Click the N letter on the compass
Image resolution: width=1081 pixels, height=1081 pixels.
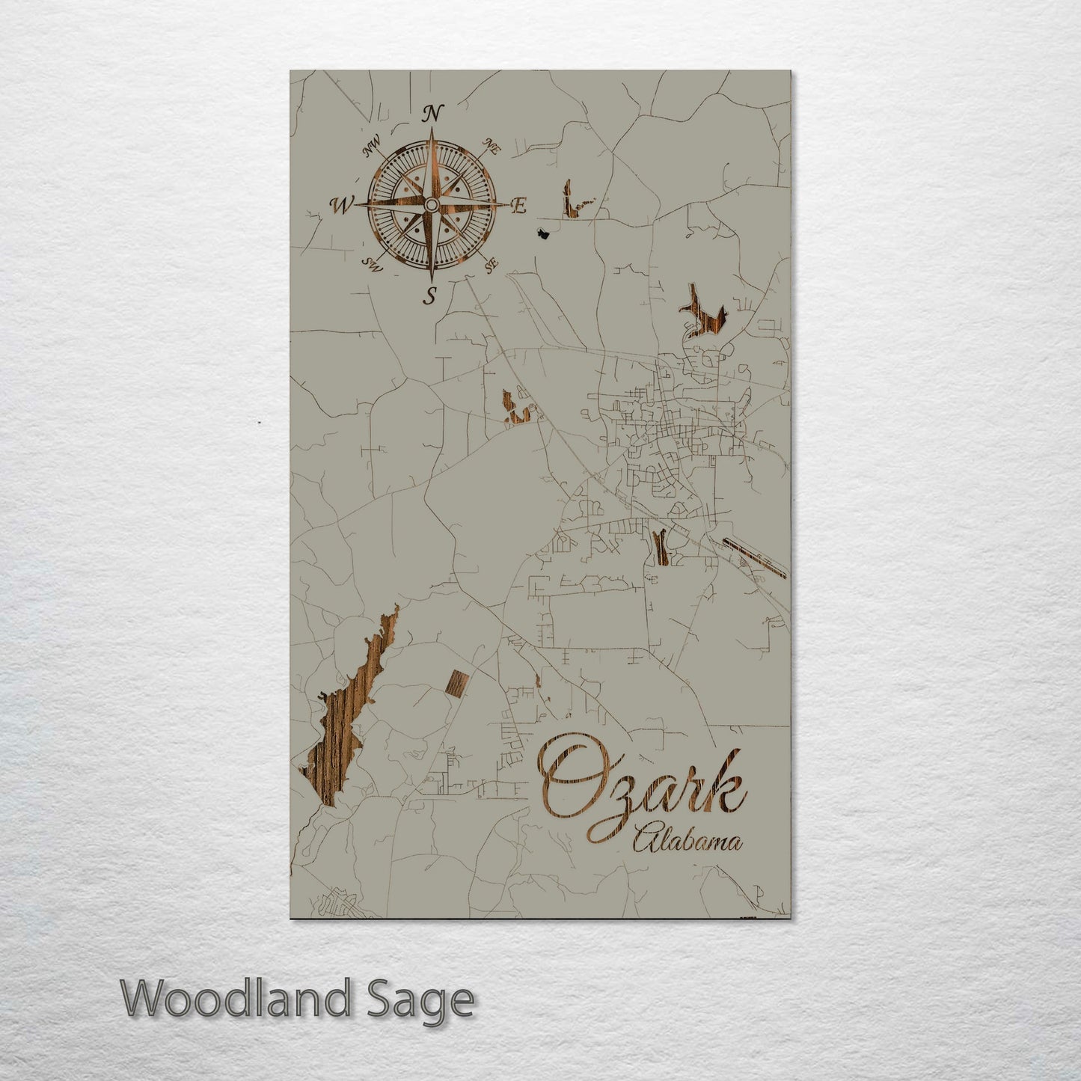pyautogui.click(x=432, y=114)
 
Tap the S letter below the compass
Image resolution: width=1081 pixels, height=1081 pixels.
pyautogui.click(x=430, y=296)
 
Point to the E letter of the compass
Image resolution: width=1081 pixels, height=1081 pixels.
pyautogui.click(x=518, y=206)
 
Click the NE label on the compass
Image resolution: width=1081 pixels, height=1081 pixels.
pyautogui.click(x=491, y=147)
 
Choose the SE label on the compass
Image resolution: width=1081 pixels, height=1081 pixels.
pyautogui.click(x=491, y=264)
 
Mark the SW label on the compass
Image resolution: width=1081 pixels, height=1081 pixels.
pyautogui.click(x=372, y=263)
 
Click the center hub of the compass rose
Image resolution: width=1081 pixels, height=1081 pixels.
pyautogui.click(x=432, y=205)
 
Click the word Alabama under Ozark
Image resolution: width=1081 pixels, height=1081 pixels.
pyautogui.click(x=688, y=842)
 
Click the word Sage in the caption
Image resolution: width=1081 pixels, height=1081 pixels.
pyautogui.click(x=434, y=1000)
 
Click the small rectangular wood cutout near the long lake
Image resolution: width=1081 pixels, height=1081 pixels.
pyautogui.click(x=456, y=683)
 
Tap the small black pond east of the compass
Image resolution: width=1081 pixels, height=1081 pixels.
pyautogui.click(x=544, y=234)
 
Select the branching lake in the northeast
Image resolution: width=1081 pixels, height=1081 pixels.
pyautogui.click(x=703, y=314)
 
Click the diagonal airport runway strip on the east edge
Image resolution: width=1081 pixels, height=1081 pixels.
pyautogui.click(x=755, y=558)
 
